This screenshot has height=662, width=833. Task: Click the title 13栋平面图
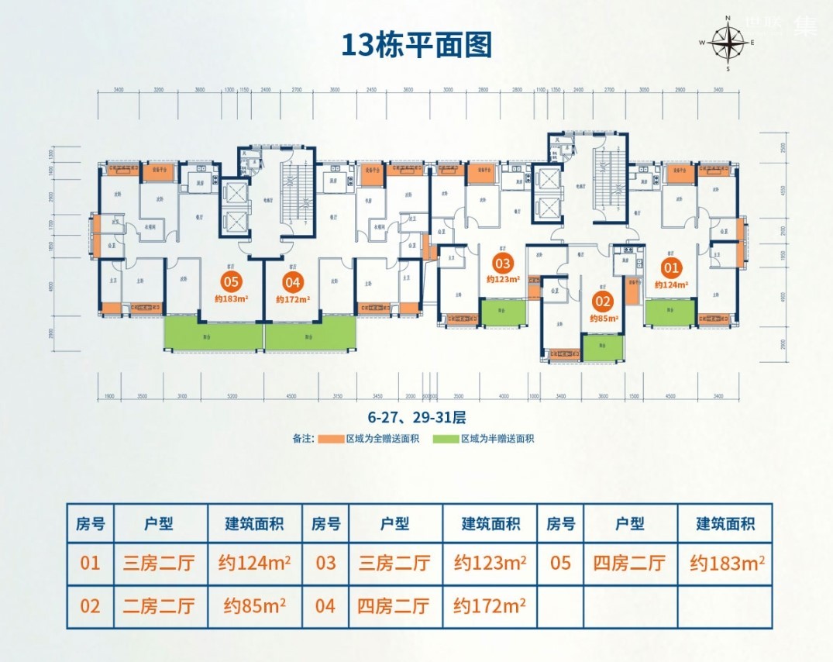click(x=417, y=45)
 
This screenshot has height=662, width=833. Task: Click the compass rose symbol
click(x=728, y=43)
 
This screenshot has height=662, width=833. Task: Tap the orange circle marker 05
click(x=230, y=282)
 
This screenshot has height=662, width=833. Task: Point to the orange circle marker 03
click(x=503, y=262)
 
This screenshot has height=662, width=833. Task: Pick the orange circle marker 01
click(x=671, y=268)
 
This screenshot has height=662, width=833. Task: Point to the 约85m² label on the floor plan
click(x=602, y=318)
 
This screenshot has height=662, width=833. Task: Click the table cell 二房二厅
click(x=160, y=605)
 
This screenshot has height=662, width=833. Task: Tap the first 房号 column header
click(x=90, y=524)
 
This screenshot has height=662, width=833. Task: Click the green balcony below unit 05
click(x=213, y=336)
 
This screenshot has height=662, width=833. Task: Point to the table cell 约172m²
click(x=490, y=605)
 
